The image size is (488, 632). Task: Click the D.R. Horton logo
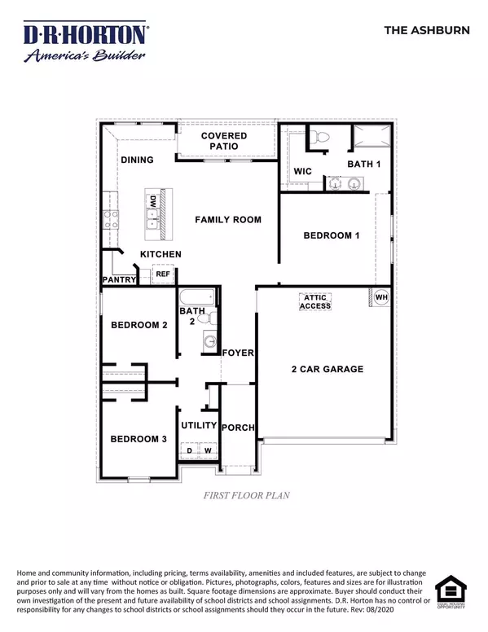pyautogui.click(x=86, y=42)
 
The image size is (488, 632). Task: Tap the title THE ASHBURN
pyautogui.click(x=427, y=30)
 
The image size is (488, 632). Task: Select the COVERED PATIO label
pyautogui.click(x=224, y=141)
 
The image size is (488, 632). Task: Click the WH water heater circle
pyautogui.click(x=381, y=297)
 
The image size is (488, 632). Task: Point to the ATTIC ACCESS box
pyautogui.click(x=315, y=301)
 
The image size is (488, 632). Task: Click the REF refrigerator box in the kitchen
pyautogui.click(x=163, y=274)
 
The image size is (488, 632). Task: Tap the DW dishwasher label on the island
pyautogui.click(x=153, y=201)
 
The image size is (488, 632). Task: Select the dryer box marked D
pyautogui.click(x=189, y=450)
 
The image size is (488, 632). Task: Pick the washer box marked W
pyautogui.click(x=208, y=450)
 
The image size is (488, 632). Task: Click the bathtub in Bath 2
pyautogui.click(x=197, y=297)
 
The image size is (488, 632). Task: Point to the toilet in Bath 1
pyautogui.click(x=320, y=137)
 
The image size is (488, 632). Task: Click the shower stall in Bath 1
pyautogui.click(x=371, y=136)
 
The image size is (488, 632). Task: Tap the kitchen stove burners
pyautogui.click(x=111, y=219)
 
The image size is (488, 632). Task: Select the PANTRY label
pyautogui.click(x=119, y=279)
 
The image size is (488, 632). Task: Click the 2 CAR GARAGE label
pyautogui.click(x=328, y=369)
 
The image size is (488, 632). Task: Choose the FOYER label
pyautogui.click(x=238, y=353)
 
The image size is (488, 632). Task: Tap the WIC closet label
pyautogui.click(x=302, y=171)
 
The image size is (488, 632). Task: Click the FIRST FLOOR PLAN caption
pyautogui.click(x=246, y=495)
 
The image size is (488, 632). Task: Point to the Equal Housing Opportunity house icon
pyautogui.click(x=451, y=590)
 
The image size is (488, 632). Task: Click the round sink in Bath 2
pyautogui.click(x=209, y=342)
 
